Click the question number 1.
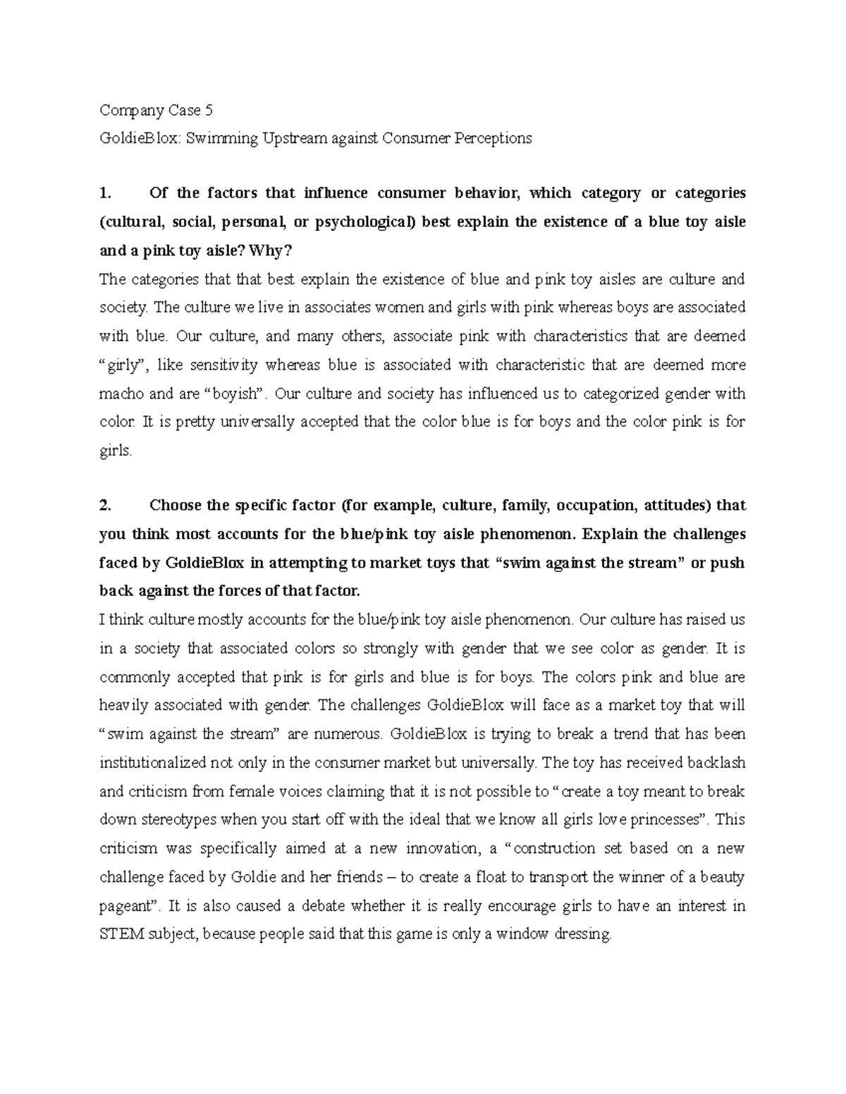coord(106,194)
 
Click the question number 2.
coord(106,506)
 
